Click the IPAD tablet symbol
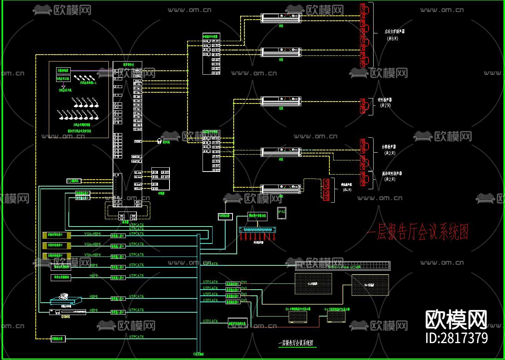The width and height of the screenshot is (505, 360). (282, 213)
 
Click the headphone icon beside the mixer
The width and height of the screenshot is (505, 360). (159, 141)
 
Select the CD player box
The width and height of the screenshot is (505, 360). (74, 181)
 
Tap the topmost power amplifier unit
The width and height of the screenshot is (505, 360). (281, 17)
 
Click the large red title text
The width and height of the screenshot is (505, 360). (417, 232)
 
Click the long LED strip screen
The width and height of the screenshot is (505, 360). (342, 265)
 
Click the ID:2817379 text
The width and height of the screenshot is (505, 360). (457, 338)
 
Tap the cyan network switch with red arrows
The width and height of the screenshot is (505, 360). (257, 230)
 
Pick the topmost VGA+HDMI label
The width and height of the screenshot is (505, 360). (92, 233)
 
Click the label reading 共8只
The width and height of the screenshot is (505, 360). (392, 38)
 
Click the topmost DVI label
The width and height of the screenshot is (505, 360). (244, 282)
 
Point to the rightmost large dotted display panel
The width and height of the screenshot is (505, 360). (370, 285)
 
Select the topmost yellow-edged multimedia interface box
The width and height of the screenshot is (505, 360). (57, 235)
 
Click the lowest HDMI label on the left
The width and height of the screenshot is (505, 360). (93, 310)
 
